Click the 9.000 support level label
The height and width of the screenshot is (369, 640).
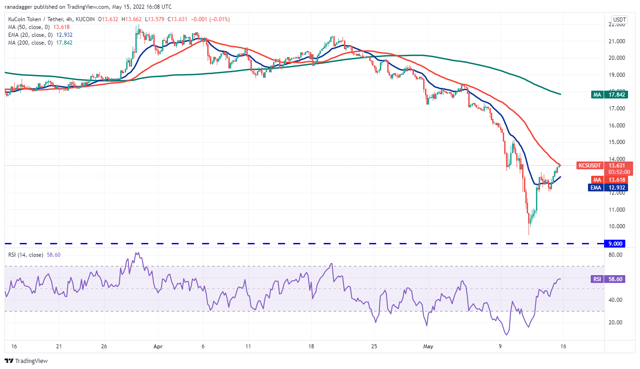(615, 243)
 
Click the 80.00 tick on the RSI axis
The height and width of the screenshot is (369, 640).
(617, 254)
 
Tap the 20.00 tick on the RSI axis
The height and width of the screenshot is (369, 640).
(617, 322)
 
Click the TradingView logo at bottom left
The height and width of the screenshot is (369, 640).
(26, 361)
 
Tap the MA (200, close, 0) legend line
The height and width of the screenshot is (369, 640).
(39, 42)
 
